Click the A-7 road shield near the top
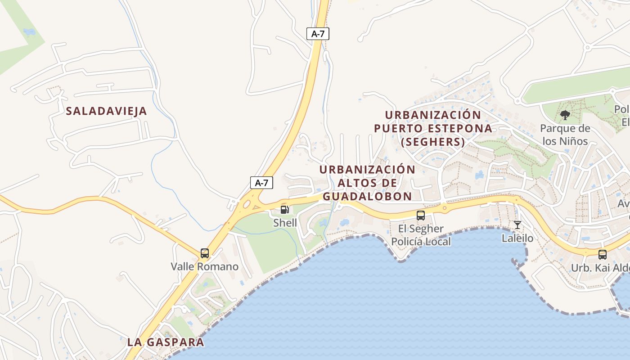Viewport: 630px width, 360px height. click(x=318, y=34)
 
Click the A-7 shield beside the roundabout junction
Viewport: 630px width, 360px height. click(x=261, y=183)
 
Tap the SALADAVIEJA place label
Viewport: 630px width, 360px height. click(x=107, y=111)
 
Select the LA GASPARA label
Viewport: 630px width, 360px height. click(x=166, y=342)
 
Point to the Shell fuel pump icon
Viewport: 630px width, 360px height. click(x=284, y=209)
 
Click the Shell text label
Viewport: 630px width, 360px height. click(x=285, y=223)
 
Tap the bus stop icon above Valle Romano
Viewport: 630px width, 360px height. click(x=205, y=253)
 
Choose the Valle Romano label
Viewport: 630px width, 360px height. click(x=205, y=266)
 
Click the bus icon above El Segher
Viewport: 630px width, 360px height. click(x=421, y=216)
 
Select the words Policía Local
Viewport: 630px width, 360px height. click(x=421, y=242)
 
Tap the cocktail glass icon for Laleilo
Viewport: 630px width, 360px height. click(x=517, y=225)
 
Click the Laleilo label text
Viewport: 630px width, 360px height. click(x=517, y=238)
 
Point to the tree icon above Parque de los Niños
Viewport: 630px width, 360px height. click(x=565, y=116)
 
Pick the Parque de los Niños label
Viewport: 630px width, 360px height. click(x=565, y=135)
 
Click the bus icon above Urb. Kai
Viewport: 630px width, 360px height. click(x=603, y=255)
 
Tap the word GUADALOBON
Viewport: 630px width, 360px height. click(x=367, y=196)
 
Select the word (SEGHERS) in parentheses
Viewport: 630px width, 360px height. click(x=433, y=142)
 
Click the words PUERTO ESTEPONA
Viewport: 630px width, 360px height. click(x=433, y=128)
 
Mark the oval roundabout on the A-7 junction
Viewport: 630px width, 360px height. click(x=247, y=205)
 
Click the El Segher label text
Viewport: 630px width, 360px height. click(x=421, y=229)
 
